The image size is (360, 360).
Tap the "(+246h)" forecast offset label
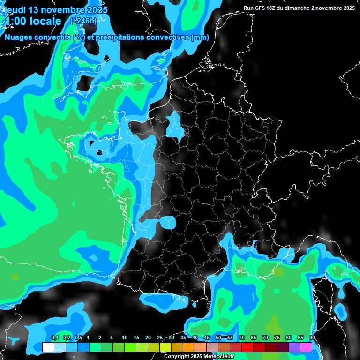83,21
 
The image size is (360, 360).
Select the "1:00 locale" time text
33,21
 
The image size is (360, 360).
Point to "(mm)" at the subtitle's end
200,37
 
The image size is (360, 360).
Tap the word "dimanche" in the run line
306,8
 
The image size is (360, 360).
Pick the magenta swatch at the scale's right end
306,347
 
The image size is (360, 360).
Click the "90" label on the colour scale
312,338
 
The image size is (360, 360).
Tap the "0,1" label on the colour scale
54,338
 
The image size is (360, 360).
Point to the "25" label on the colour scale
159,338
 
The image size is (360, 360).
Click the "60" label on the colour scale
241,338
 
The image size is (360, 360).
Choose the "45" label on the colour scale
206,338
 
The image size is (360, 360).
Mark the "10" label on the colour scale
124,338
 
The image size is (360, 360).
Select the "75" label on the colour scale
277,338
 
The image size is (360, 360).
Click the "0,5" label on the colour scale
78,338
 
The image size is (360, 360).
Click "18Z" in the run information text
276,8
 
